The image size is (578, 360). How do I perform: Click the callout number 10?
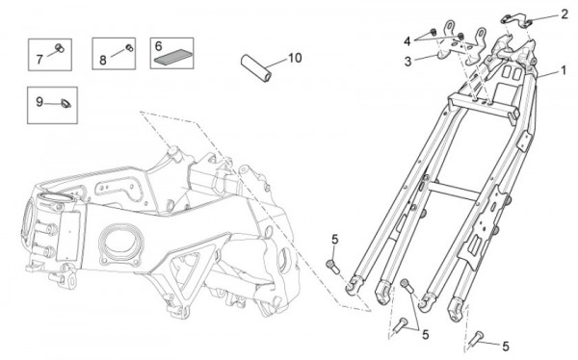(295, 58)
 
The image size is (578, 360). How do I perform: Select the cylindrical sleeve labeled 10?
(256, 68)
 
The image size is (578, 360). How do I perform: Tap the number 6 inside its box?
(159, 46)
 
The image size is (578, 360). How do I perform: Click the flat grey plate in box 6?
(172, 57)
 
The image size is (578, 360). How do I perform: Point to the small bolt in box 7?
(60, 48)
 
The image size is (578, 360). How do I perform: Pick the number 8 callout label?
(103, 60)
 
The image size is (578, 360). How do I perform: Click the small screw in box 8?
(129, 48)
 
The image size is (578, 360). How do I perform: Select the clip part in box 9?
(66, 104)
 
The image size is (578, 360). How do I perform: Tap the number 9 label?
(39, 102)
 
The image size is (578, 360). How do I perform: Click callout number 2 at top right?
(565, 14)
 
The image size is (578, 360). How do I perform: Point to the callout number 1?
(563, 70)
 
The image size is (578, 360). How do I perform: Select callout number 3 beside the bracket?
(407, 62)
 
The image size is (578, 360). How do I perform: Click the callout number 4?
(407, 41)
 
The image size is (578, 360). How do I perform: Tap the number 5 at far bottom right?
(506, 347)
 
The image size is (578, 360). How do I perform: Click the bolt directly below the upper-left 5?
(333, 267)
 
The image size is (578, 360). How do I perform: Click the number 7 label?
(39, 59)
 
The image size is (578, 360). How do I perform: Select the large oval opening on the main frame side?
(120, 245)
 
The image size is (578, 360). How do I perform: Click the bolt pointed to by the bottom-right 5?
(476, 339)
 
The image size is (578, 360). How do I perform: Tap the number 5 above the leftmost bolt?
(334, 239)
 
